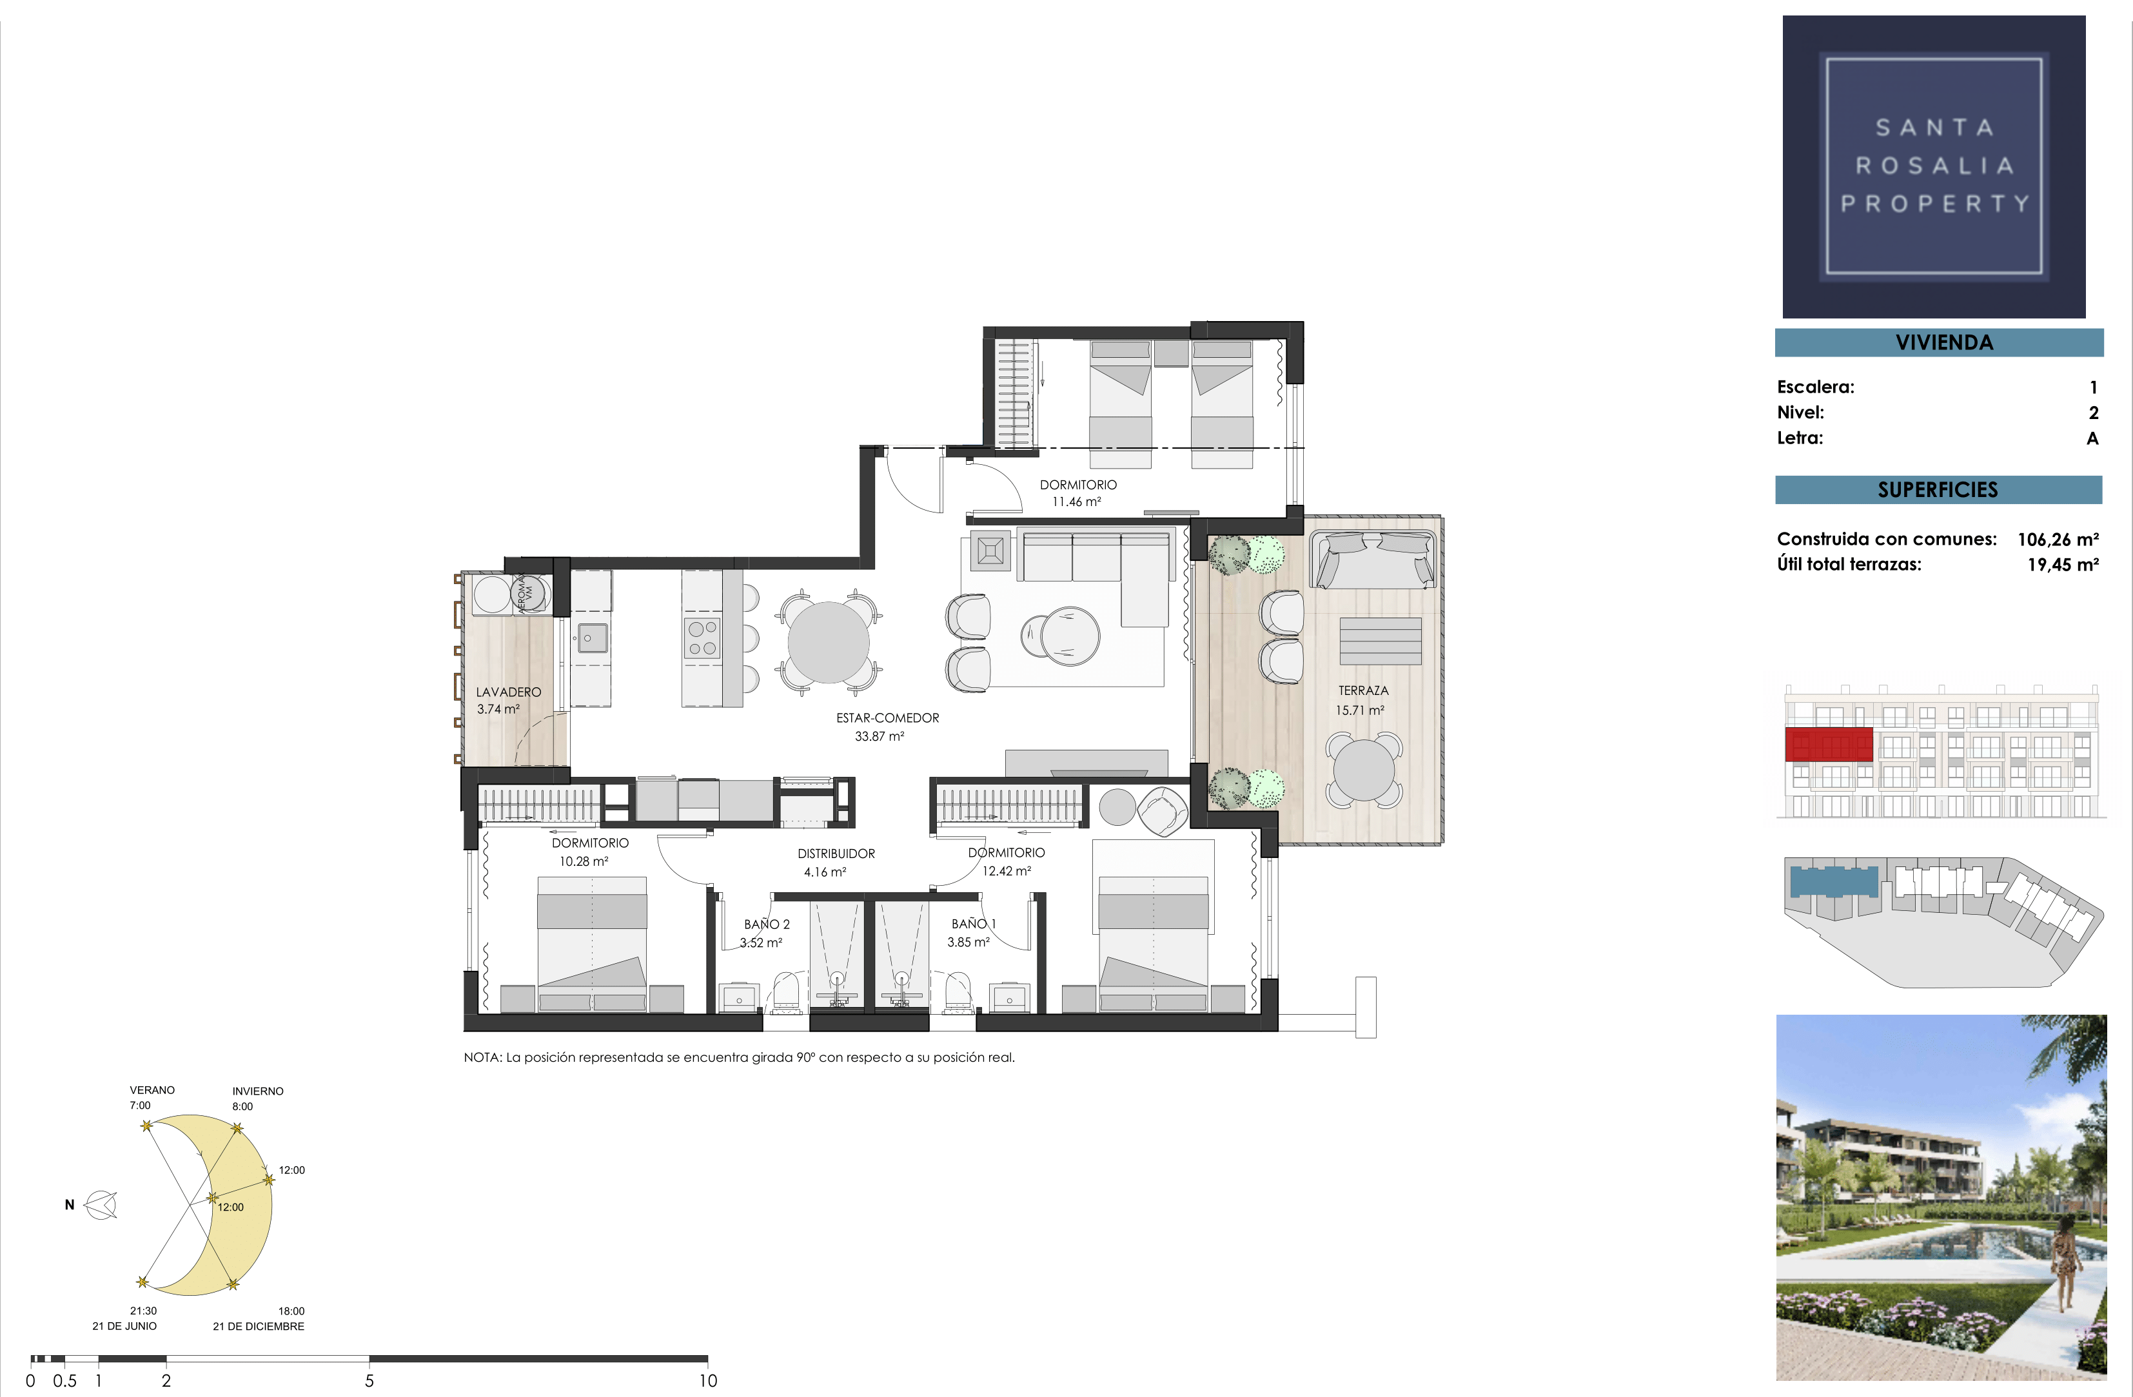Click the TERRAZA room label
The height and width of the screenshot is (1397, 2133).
pyautogui.click(x=1363, y=691)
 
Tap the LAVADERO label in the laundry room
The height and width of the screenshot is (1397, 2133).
pyautogui.click(x=508, y=692)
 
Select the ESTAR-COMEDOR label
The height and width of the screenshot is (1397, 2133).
pyautogui.click(x=887, y=718)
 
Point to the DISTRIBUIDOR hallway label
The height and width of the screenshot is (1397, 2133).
pyautogui.click(x=836, y=854)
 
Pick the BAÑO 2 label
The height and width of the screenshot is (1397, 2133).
pyautogui.click(x=767, y=924)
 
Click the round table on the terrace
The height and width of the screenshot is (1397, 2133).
pyautogui.click(x=1363, y=770)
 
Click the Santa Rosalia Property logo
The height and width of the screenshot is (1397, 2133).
pyautogui.click(x=1934, y=167)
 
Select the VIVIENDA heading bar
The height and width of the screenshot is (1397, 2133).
pyautogui.click(x=1940, y=342)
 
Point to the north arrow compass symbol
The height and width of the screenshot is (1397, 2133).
pyautogui.click(x=101, y=1206)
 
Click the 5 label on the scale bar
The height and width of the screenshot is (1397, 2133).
pyautogui.click(x=369, y=1381)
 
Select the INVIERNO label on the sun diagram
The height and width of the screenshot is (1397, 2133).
pyautogui.click(x=258, y=1091)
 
